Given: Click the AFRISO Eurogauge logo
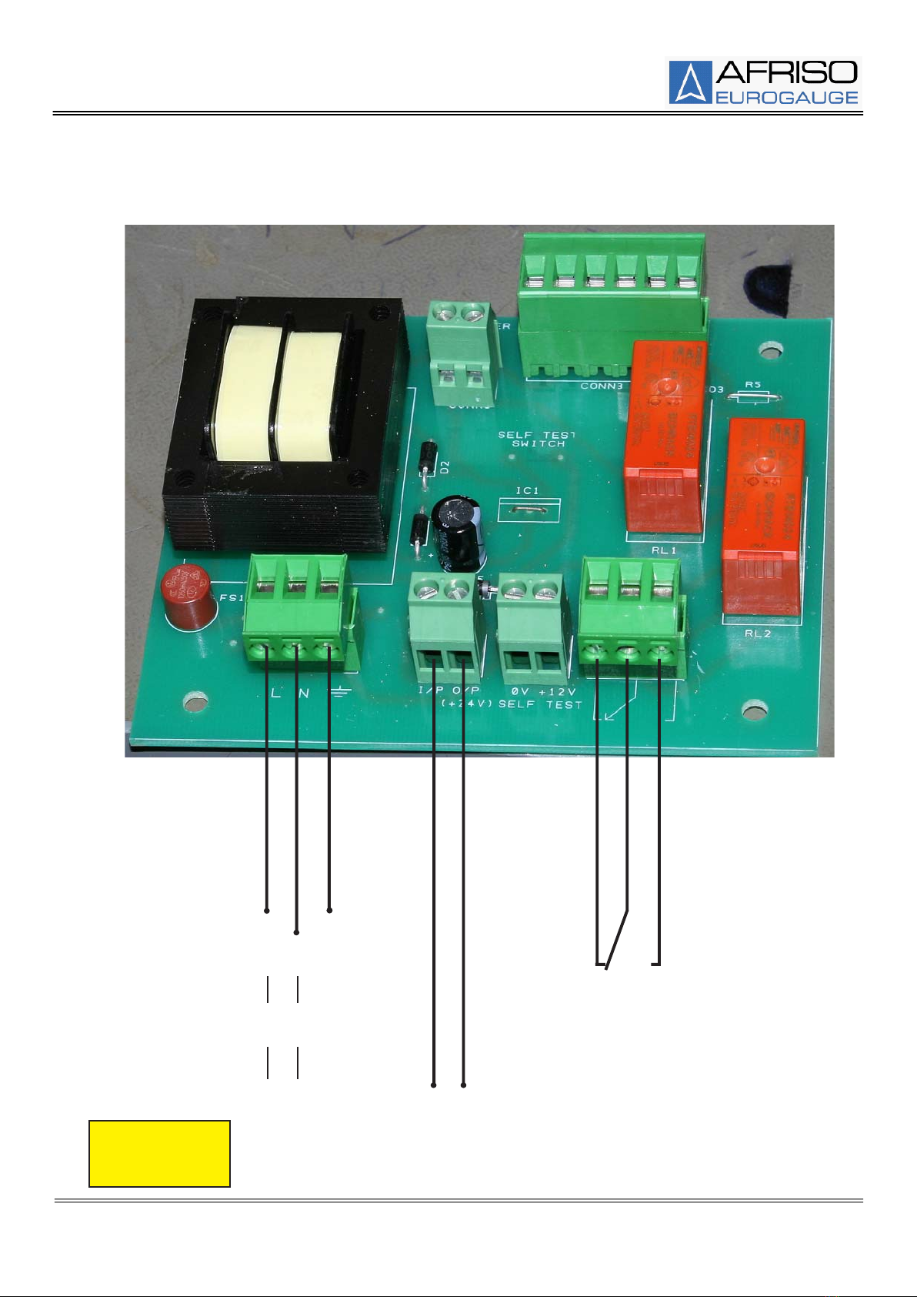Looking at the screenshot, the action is (764, 82).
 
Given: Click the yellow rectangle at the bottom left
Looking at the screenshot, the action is (159, 1153).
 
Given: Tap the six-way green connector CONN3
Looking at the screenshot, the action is (612, 308).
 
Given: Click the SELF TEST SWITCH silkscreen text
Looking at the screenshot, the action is (538, 439).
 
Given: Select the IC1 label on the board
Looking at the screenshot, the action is (527, 490).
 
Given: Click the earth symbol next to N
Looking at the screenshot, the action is (339, 693).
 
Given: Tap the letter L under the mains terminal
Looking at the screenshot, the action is (276, 693).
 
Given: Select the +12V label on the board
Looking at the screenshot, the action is (557, 691).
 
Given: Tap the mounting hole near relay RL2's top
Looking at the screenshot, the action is (767, 352).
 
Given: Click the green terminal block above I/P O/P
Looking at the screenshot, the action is (445, 623).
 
